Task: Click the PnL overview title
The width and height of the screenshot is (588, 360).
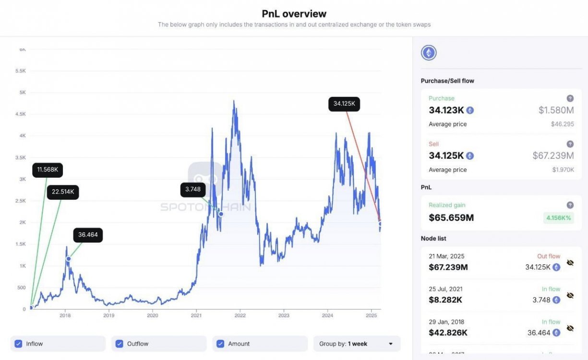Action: click(294, 14)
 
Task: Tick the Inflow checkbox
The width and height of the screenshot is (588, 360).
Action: click(19, 344)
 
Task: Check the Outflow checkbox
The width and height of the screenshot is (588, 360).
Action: click(120, 344)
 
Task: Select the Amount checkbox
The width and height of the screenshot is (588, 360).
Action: click(220, 344)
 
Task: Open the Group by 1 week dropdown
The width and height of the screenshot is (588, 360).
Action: click(356, 344)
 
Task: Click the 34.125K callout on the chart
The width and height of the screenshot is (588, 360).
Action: click(344, 104)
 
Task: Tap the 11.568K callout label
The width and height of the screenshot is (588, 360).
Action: click(48, 169)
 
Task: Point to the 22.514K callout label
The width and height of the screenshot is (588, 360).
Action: click(63, 192)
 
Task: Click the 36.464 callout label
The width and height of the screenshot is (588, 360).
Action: click(88, 235)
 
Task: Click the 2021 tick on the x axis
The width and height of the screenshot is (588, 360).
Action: click(196, 315)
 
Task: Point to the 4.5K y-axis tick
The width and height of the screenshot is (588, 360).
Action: click(20, 114)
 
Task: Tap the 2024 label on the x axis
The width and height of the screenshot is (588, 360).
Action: click(328, 315)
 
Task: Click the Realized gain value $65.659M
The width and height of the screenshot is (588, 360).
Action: click(451, 217)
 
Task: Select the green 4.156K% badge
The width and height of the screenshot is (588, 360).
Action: click(559, 218)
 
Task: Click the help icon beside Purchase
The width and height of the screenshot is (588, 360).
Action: click(570, 98)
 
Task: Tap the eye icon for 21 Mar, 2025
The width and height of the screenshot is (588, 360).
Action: click(570, 263)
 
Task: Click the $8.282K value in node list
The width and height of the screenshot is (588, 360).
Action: click(445, 300)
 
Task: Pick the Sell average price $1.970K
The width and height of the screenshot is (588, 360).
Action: click(563, 169)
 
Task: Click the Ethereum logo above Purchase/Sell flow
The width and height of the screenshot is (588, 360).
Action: click(429, 53)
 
